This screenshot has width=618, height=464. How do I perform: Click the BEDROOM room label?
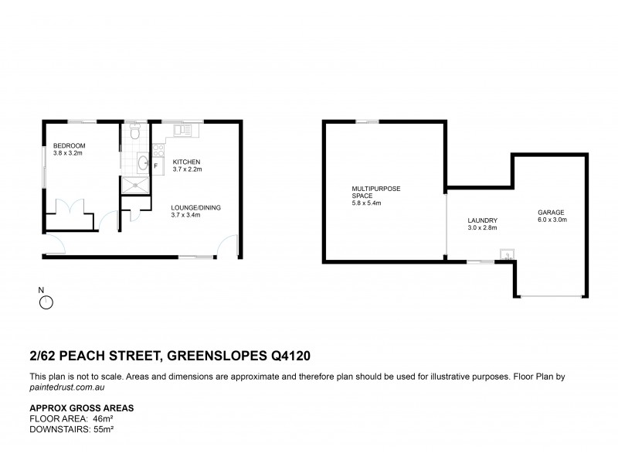click(x=69, y=146)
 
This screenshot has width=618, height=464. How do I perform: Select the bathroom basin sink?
click(x=142, y=162)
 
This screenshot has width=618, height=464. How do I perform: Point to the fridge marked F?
click(x=156, y=166)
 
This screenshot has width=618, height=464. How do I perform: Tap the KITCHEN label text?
click(x=186, y=162)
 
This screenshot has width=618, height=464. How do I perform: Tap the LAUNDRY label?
click(x=481, y=220)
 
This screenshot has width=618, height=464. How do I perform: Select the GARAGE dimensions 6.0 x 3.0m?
click(x=552, y=219)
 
